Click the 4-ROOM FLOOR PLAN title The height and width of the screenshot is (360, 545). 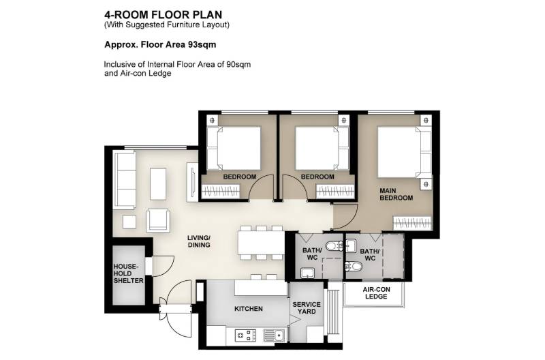point(163,14)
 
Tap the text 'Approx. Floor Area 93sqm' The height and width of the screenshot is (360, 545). point(160,45)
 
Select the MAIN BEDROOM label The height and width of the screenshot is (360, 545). point(396,194)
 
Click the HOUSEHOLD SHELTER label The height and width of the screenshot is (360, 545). point(128,273)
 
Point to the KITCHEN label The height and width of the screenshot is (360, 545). point(249,309)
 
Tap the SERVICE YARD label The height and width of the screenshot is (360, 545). point(307,307)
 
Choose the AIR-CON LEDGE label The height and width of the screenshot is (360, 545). point(377,293)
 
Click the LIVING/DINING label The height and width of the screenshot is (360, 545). point(199,241)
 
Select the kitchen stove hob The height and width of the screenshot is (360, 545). point(245,335)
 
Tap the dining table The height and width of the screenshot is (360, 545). point(261,243)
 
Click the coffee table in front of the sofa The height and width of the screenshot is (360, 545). point(158,184)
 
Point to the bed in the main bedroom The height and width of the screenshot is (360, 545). point(404,152)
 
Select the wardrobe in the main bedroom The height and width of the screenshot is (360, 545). point(412,222)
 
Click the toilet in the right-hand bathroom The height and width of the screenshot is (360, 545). point(354,267)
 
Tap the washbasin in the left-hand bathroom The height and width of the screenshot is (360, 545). point(308,273)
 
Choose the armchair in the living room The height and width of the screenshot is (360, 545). point(158,220)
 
